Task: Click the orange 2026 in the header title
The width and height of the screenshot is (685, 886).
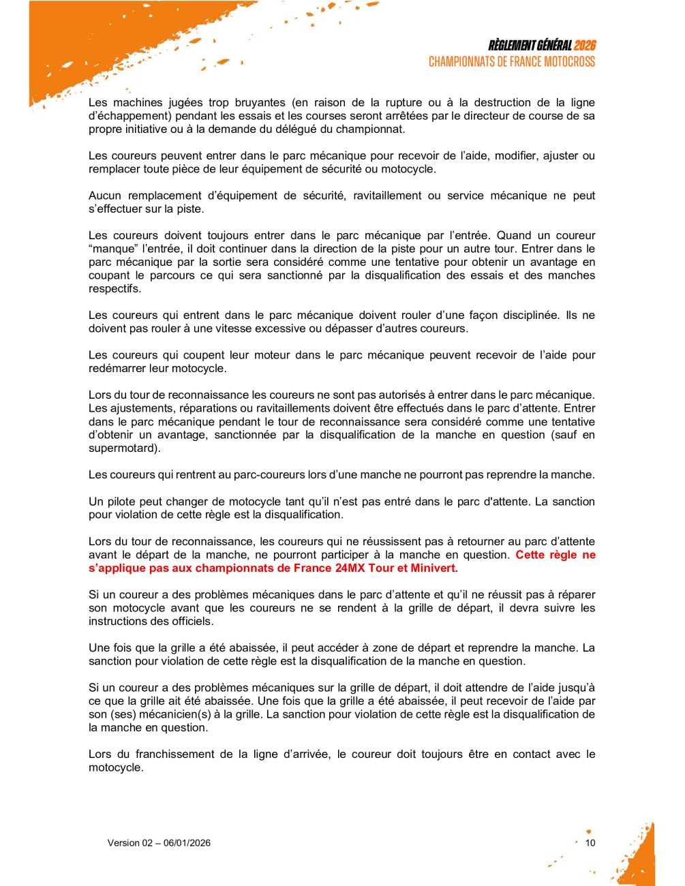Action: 584,46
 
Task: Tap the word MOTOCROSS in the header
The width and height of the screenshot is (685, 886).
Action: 568,62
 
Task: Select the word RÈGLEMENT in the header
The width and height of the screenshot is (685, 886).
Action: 513,46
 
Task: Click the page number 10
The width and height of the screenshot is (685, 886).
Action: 590,843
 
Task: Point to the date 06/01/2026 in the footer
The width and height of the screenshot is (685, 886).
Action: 187,843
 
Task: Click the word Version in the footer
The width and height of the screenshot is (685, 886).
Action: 123,843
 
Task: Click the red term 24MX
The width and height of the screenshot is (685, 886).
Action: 350,568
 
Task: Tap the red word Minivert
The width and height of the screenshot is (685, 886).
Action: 433,568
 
